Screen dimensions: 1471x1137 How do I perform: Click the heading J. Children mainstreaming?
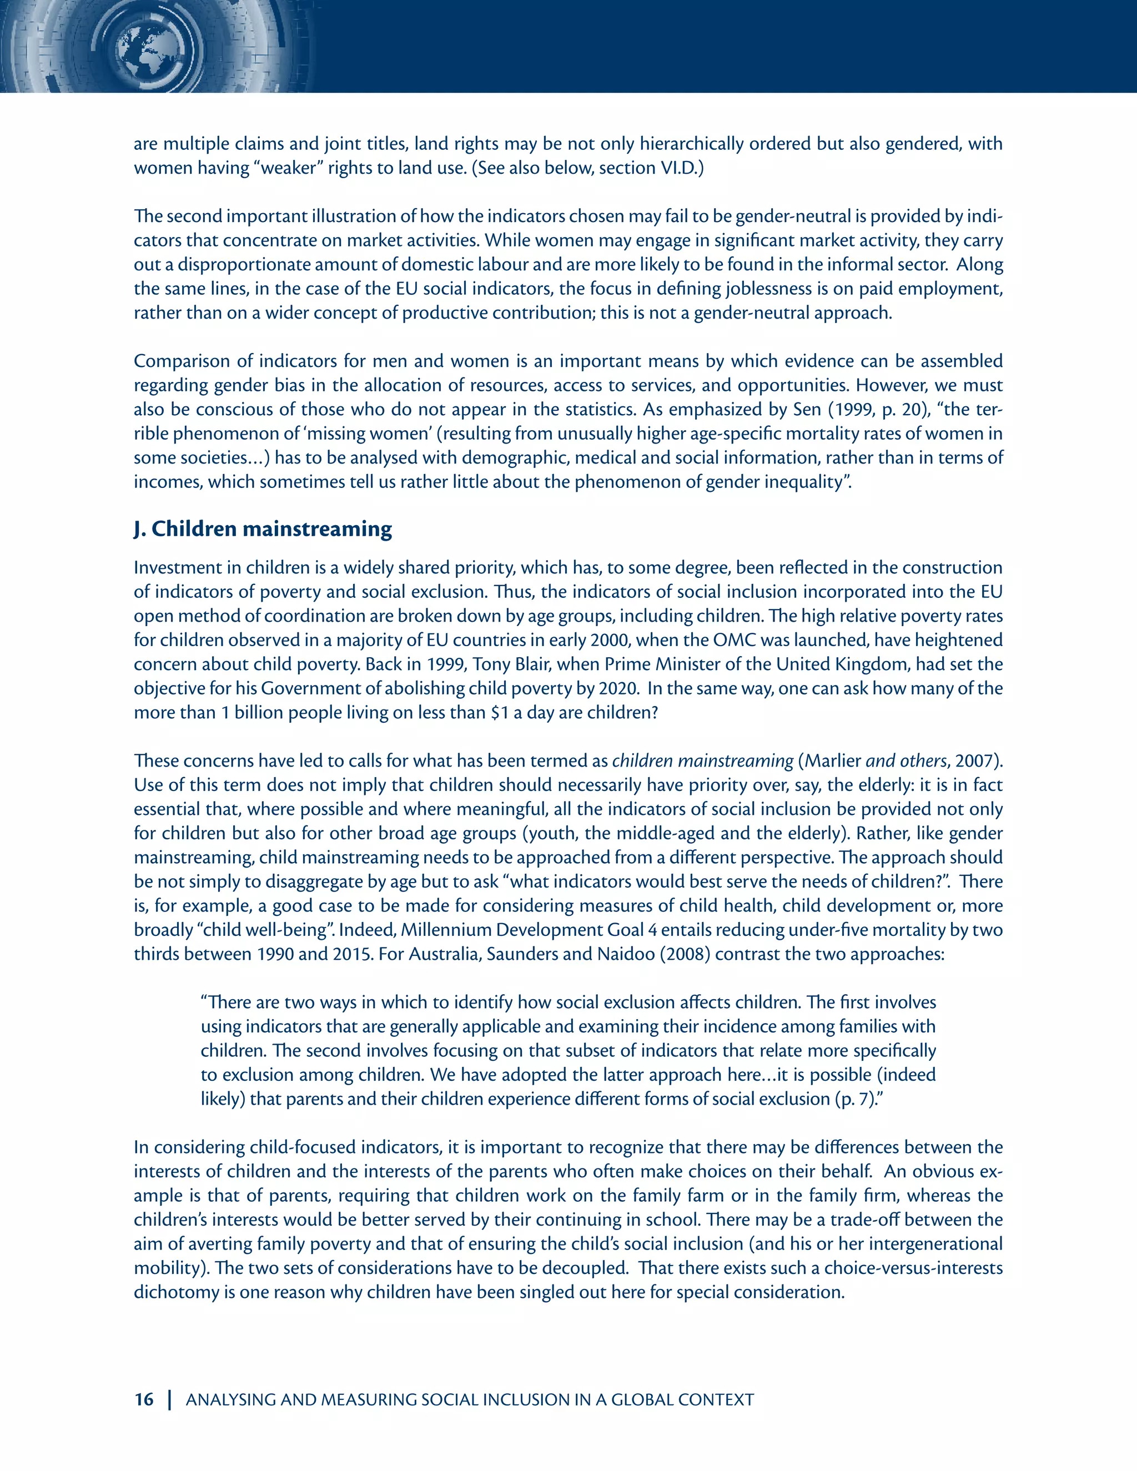pyautogui.click(x=262, y=530)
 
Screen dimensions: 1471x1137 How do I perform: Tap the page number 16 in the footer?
pyautogui.click(x=144, y=1399)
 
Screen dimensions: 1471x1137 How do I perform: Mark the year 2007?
pyautogui.click(x=976, y=761)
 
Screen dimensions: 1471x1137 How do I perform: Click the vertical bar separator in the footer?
pyautogui.click(x=170, y=1399)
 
